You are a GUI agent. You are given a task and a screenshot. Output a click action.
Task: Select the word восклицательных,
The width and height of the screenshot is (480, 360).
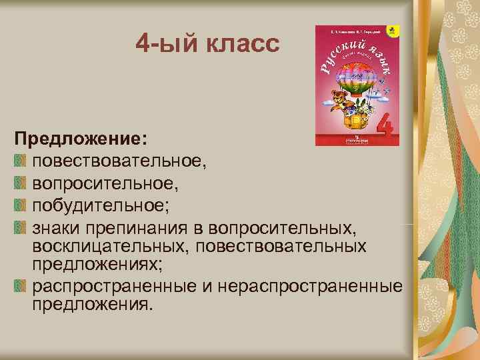(107, 247)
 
